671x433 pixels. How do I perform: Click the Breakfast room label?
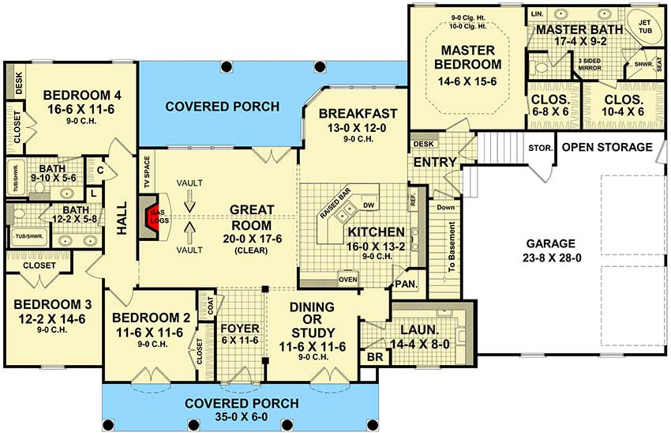click(358, 114)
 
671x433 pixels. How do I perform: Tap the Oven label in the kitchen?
click(347, 278)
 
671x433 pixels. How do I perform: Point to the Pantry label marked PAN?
click(407, 284)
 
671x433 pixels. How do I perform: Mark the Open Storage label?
click(606, 148)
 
